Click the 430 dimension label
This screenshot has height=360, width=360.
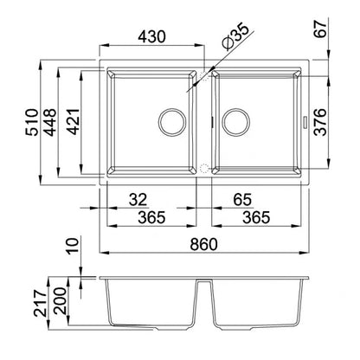click(151, 36)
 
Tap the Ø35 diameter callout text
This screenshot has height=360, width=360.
click(235, 36)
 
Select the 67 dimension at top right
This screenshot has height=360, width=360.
click(321, 28)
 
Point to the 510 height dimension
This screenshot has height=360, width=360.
click(31, 122)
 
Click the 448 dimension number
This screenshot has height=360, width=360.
click(49, 122)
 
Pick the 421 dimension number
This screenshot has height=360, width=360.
click(73, 122)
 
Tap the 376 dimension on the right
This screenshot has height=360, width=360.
click(320, 122)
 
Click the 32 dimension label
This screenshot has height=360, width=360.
click(138, 200)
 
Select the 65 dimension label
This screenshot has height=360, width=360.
click(242, 200)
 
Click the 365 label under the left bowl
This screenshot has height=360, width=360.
click(151, 217)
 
